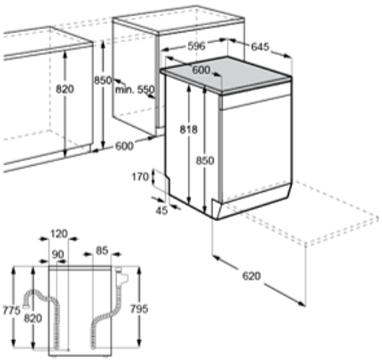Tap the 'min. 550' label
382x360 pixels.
point(134,90)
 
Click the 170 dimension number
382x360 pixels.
point(138,177)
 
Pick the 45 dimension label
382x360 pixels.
point(162,211)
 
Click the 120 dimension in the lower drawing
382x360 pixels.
point(58,233)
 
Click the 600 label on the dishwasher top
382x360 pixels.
point(201,70)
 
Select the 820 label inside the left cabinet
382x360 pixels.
point(65,89)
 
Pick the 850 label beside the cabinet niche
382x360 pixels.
point(102,80)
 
